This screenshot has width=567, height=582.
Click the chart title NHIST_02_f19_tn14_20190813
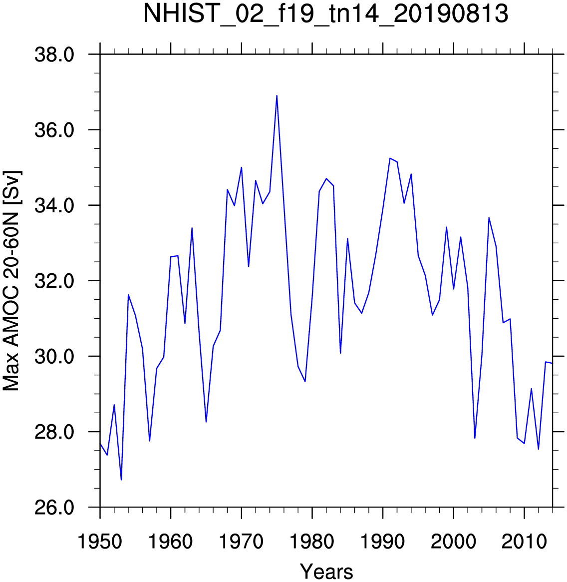coord(325,13)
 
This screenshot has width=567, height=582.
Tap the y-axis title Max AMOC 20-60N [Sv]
coord(12,281)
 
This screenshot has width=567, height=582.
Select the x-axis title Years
coord(326,571)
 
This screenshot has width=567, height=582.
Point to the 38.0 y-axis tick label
coord(54,55)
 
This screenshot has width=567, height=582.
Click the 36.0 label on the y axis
coord(54,130)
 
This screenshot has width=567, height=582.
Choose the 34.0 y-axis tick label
coord(54,206)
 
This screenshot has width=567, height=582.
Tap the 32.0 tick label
coord(54,281)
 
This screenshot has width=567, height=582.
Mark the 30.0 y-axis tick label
coord(54,357)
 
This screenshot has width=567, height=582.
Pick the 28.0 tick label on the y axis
coord(54,433)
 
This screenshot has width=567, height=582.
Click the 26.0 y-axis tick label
coord(54,508)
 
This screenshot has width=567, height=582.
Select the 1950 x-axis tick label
coord(100,542)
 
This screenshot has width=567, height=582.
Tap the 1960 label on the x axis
coord(171,542)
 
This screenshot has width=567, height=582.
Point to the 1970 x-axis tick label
coord(242,542)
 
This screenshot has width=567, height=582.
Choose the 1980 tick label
coord(312,542)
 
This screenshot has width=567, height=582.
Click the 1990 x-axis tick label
coord(383,542)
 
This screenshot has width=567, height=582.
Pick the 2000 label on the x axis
coord(454,542)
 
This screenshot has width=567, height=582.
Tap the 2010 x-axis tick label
coord(525,542)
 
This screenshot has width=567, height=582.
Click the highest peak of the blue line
coord(277,96)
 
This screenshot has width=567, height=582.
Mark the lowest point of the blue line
coord(121,480)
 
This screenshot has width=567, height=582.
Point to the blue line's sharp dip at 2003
coord(475,438)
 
